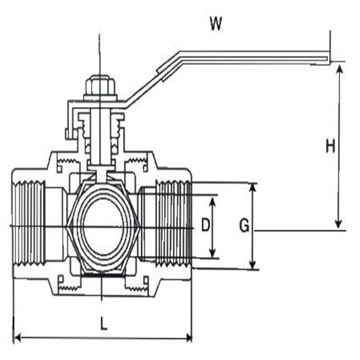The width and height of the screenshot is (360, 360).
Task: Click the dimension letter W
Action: pyautogui.click(x=216, y=24)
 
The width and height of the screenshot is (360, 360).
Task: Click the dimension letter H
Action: pyautogui.click(x=331, y=147)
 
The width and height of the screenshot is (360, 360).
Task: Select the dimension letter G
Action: pyautogui.click(x=244, y=225)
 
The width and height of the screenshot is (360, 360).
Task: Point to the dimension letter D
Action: pyautogui.click(x=206, y=225)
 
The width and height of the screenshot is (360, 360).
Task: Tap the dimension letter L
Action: pyautogui.click(x=104, y=324)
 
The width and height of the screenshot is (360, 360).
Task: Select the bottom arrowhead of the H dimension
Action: pyautogui.click(x=338, y=224)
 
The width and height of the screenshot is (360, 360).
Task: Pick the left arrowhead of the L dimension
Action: pyautogui.click(x=17, y=338)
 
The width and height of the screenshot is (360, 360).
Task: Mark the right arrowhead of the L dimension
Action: pyautogui.click(x=189, y=338)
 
